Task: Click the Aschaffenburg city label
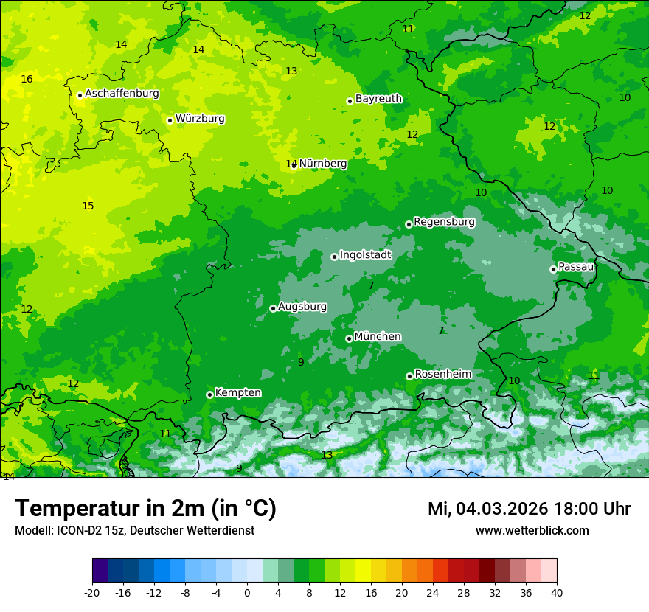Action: pyautogui.click(x=122, y=94)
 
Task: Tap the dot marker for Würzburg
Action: pyautogui.click(x=170, y=120)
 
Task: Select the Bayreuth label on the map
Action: pyautogui.click(x=378, y=99)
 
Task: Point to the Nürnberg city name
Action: pyautogui.click(x=323, y=164)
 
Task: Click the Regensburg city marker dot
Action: pyautogui.click(x=409, y=224)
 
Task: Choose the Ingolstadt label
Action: pyautogui.click(x=365, y=255)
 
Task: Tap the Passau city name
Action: pyautogui.click(x=576, y=267)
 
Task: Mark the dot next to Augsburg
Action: pyautogui.click(x=273, y=308)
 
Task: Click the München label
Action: pyautogui.click(x=378, y=337)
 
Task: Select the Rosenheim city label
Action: pyautogui.click(x=442, y=375)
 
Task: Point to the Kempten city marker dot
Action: pyautogui.click(x=209, y=394)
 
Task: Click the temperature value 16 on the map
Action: pyautogui.click(x=27, y=79)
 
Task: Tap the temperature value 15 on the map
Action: pyautogui.click(x=88, y=206)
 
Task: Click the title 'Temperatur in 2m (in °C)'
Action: pyautogui.click(x=145, y=509)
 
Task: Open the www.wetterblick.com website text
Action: pyautogui.click(x=532, y=531)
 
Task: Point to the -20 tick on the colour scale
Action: pyautogui.click(x=92, y=593)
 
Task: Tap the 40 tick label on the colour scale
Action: pyautogui.click(x=557, y=593)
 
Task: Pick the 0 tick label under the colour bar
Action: pyautogui.click(x=247, y=593)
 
